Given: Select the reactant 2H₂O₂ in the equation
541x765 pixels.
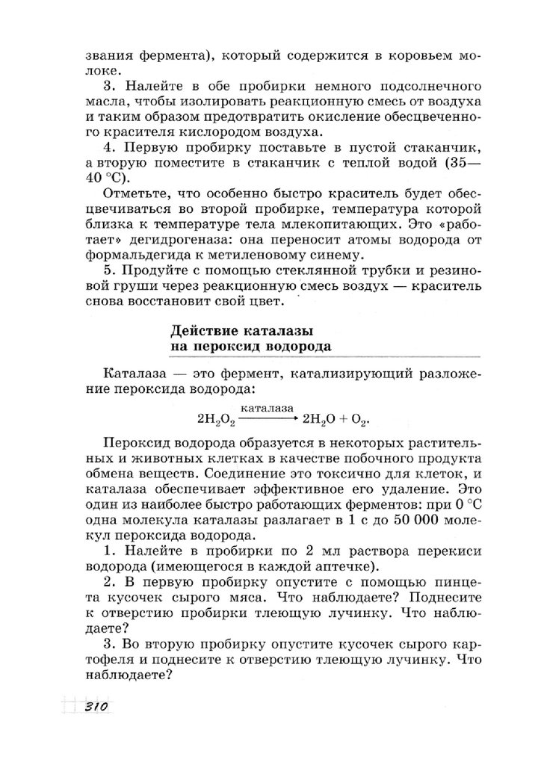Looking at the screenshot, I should point(217,418).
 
